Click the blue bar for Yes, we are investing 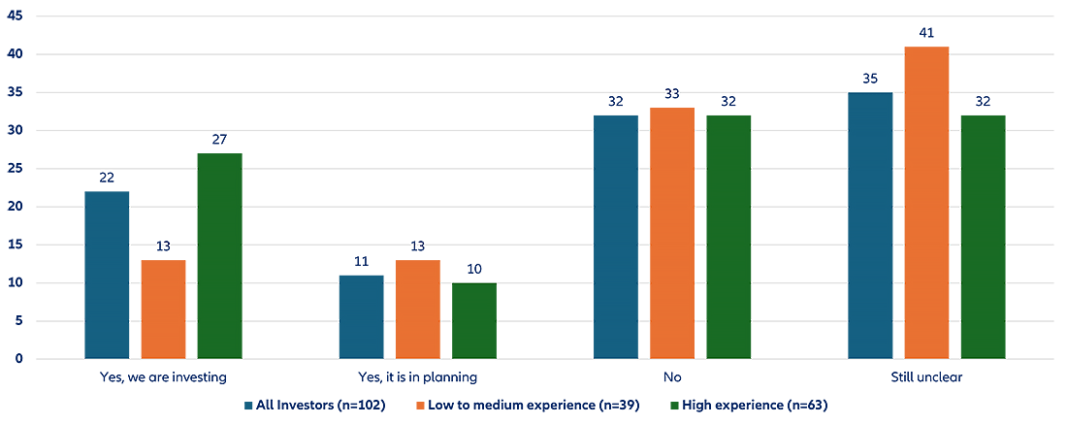(x=107, y=275)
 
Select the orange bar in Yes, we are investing (x=163, y=310)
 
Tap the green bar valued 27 (x=219, y=256)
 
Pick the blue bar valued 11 (x=361, y=317)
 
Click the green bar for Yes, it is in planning (x=473, y=321)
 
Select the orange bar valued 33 (x=671, y=233)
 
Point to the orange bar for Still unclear (x=926, y=203)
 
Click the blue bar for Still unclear (x=870, y=225)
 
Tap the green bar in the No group (x=727, y=237)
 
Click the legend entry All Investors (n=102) (x=315, y=404)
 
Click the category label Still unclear (x=926, y=376)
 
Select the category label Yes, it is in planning (x=417, y=376)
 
